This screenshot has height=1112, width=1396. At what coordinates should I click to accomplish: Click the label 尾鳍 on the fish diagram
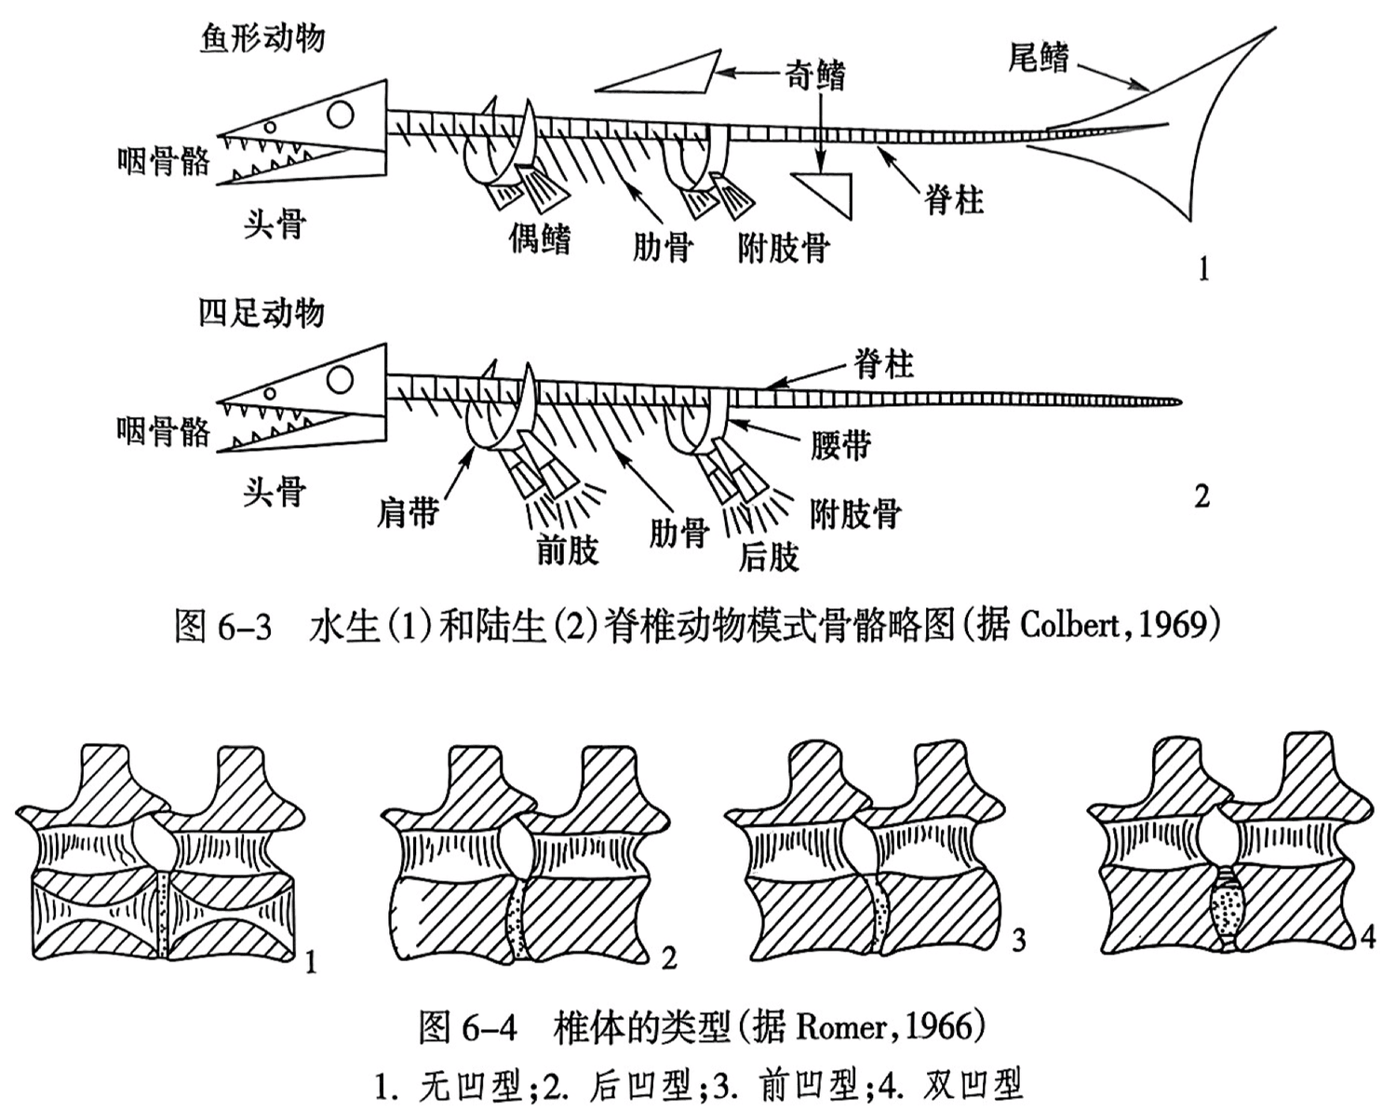(x=1039, y=58)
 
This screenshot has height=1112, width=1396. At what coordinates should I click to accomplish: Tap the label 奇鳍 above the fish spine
(x=815, y=75)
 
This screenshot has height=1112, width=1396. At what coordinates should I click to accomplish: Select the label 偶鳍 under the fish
(x=540, y=239)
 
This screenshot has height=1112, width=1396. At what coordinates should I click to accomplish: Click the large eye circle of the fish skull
(x=342, y=115)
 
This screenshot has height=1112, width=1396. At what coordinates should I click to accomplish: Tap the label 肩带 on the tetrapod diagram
(x=408, y=511)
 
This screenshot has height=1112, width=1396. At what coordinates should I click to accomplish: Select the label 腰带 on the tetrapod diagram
(x=840, y=445)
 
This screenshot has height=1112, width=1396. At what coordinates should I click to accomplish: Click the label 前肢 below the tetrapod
(x=567, y=550)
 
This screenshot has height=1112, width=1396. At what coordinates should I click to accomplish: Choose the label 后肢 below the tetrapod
(x=769, y=556)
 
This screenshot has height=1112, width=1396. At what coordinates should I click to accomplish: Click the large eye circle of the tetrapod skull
(x=342, y=378)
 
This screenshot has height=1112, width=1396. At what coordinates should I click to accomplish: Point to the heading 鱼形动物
(x=262, y=38)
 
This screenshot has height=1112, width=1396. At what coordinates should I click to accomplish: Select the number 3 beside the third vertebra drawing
(x=1018, y=941)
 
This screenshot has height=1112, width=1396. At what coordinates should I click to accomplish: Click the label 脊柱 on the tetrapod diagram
(x=883, y=364)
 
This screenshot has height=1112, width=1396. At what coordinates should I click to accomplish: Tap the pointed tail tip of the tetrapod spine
(x=1178, y=402)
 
